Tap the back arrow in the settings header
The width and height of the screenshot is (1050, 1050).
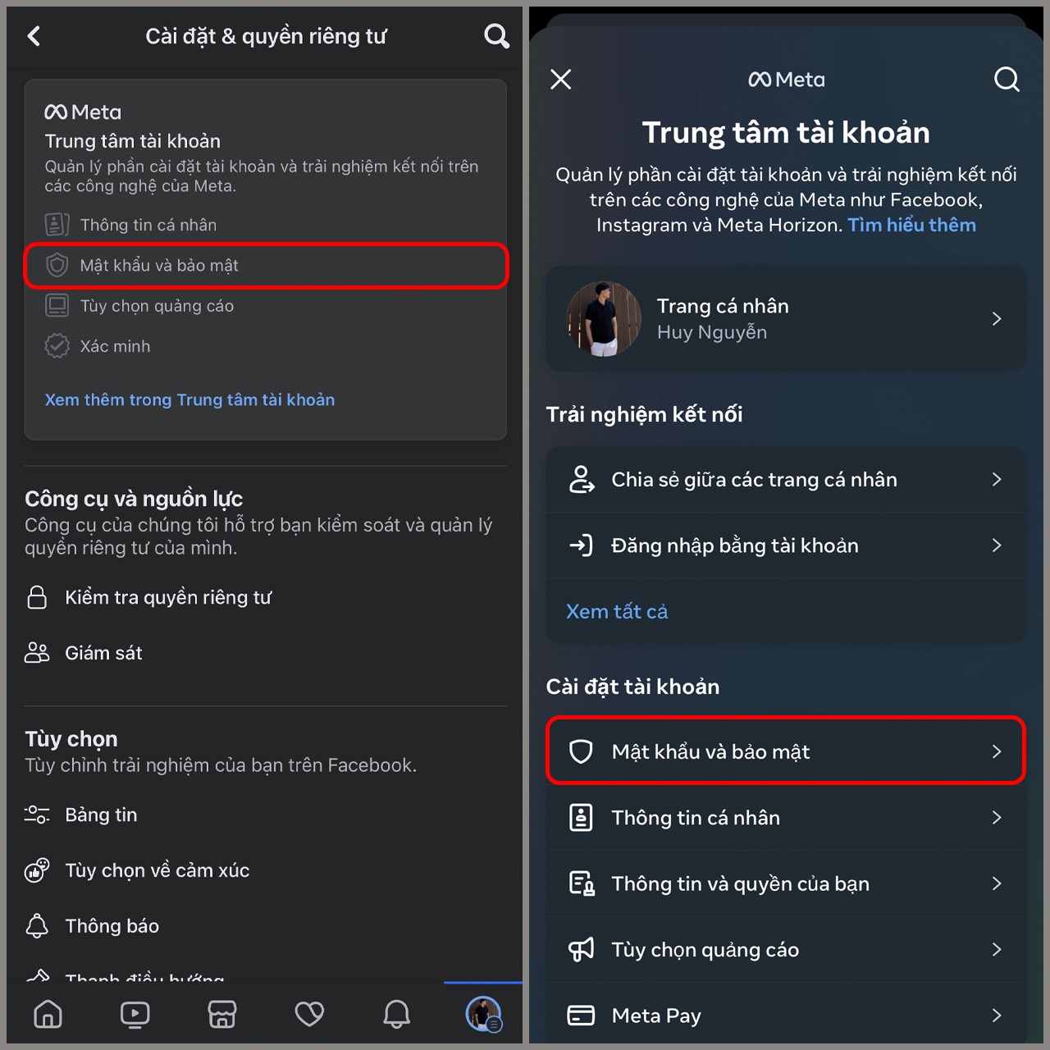pyautogui.click(x=34, y=37)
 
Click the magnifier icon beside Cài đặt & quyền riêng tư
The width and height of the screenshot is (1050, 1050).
pyautogui.click(x=496, y=36)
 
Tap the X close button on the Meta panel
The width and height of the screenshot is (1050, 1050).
pyautogui.click(x=561, y=80)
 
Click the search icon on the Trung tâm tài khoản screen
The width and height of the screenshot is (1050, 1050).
pyautogui.click(x=1007, y=80)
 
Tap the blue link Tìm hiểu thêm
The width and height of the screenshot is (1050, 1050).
pyautogui.click(x=911, y=225)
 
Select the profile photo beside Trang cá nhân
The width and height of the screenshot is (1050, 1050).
pyautogui.click(x=603, y=319)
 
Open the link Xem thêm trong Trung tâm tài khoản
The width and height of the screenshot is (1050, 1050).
pyautogui.click(x=189, y=400)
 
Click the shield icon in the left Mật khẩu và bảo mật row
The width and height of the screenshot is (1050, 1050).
pyautogui.click(x=57, y=265)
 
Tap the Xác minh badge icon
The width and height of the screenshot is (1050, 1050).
pyautogui.click(x=57, y=346)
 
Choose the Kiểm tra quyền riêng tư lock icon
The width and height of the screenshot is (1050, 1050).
pyautogui.click(x=37, y=597)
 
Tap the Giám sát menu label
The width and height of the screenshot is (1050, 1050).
pyautogui.click(x=103, y=653)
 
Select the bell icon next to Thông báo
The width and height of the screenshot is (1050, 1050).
pyautogui.click(x=37, y=926)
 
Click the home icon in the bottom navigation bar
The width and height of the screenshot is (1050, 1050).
pyautogui.click(x=48, y=1014)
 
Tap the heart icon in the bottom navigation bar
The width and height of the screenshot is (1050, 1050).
pyautogui.click(x=309, y=1014)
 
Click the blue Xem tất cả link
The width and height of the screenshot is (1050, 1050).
pyautogui.click(x=617, y=611)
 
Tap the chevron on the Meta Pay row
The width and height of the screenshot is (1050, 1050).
pyautogui.click(x=997, y=1016)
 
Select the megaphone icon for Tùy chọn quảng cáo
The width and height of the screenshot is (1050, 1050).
pyautogui.click(x=582, y=950)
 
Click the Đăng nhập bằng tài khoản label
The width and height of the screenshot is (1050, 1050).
pyautogui.click(x=735, y=546)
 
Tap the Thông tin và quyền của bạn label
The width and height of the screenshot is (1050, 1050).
pyautogui.click(x=741, y=883)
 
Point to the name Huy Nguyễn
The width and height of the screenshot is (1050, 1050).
pyautogui.click(x=712, y=332)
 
